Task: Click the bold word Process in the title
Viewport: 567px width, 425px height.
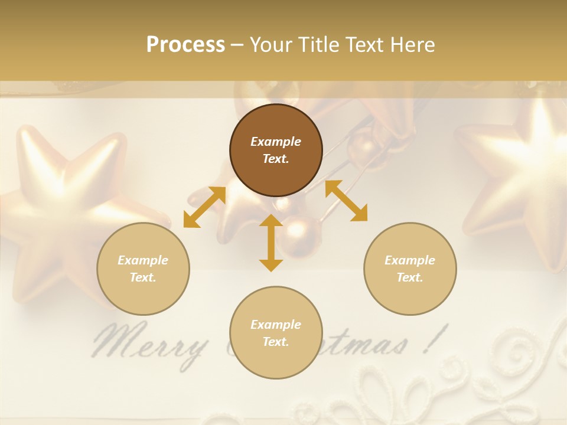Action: [185, 45]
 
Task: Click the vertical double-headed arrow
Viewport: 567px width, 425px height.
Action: [271, 243]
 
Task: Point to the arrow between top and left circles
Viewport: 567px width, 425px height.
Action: [204, 207]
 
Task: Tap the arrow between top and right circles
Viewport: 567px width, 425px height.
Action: [346, 201]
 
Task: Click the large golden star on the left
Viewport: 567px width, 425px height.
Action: [71, 201]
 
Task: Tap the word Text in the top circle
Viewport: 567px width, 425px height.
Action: [275, 159]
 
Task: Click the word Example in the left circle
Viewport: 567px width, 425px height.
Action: [143, 260]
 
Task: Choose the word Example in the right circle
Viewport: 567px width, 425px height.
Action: [410, 260]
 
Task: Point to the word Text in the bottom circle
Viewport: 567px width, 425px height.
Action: [275, 342]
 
